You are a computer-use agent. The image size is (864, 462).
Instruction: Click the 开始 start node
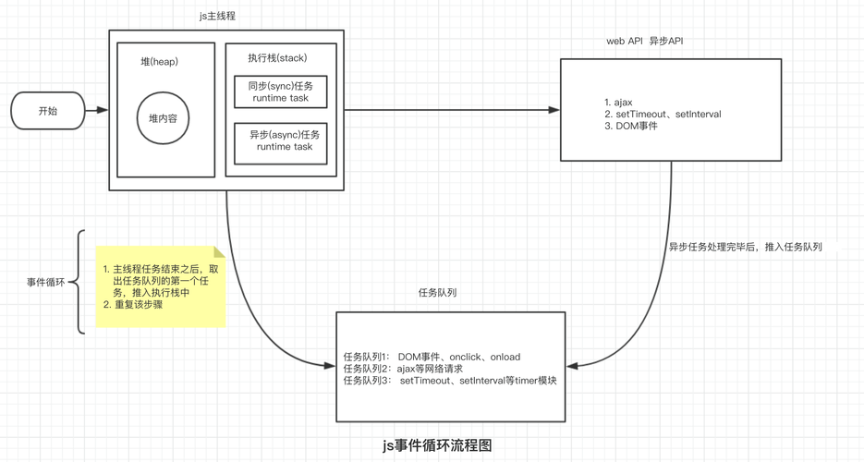point(47,110)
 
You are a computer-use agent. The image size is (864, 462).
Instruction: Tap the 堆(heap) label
point(159,62)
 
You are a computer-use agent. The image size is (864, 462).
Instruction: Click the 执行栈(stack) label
point(277,57)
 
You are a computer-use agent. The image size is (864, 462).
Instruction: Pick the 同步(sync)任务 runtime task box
point(280,92)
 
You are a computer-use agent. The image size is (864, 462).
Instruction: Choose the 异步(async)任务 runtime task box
point(280,141)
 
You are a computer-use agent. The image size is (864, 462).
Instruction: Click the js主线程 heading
point(225,16)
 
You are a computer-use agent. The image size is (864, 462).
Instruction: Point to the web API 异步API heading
point(644,42)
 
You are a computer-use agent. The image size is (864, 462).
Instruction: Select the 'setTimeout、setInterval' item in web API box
point(662,114)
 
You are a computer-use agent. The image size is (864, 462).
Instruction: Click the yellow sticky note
point(161,286)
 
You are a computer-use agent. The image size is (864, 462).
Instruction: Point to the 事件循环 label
point(46,282)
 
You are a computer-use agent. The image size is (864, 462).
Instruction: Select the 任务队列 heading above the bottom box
point(437,292)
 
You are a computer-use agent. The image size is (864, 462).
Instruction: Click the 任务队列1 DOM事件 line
point(432,357)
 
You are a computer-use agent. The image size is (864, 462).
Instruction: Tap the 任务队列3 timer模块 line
point(449,381)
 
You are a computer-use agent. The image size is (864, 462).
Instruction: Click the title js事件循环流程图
point(437,445)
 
